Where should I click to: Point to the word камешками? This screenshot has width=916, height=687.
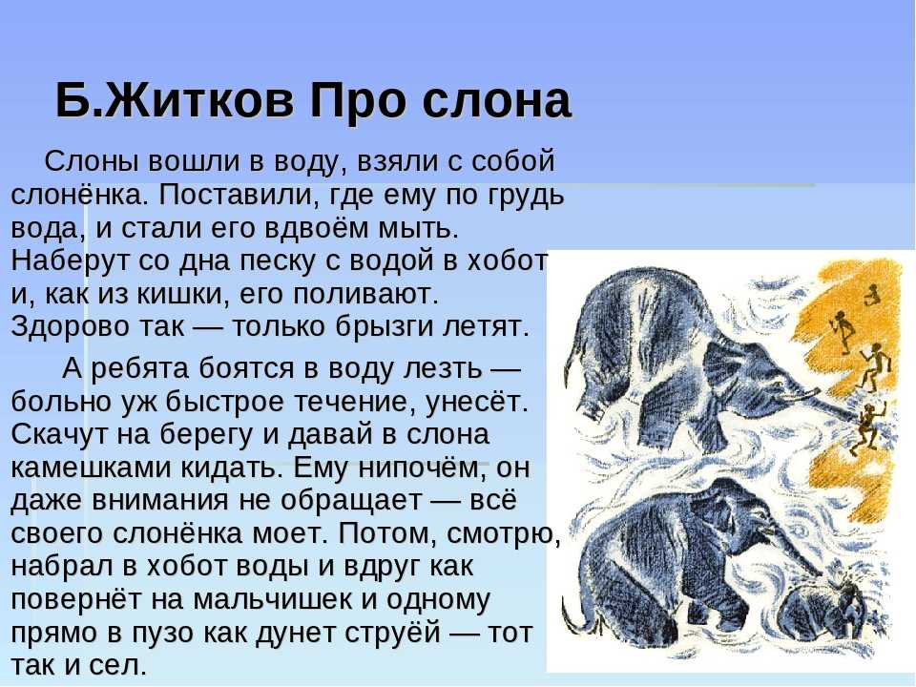click(x=90, y=468)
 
